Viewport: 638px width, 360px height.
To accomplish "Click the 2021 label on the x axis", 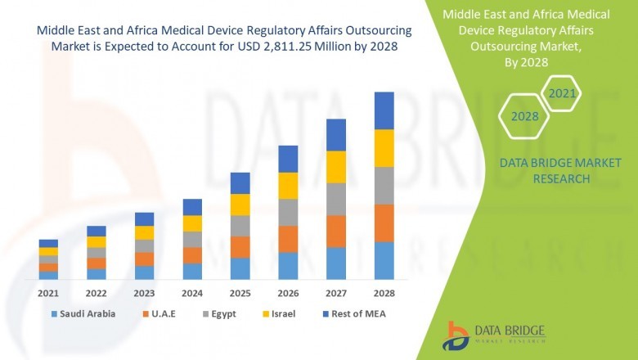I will tap(48, 292).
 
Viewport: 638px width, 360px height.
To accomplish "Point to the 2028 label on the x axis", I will tap(384, 292).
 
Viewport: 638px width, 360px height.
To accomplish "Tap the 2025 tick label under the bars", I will tap(240, 292).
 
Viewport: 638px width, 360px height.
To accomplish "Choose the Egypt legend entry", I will tap(226, 313).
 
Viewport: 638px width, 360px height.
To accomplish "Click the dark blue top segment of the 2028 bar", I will tap(384, 110).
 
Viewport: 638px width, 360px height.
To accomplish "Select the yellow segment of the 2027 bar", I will tap(336, 167).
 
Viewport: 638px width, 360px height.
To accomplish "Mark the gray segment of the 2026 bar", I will tap(288, 212).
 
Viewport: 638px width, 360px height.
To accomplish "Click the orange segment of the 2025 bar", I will tap(240, 247).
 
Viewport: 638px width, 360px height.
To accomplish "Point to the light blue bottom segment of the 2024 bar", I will tap(192, 271).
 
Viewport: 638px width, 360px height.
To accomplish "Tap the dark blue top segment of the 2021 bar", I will tap(48, 243).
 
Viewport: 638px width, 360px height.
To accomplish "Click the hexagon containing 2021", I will tap(561, 94).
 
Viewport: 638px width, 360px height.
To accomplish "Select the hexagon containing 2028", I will tap(524, 117).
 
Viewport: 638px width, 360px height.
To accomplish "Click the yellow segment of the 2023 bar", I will tap(144, 232).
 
